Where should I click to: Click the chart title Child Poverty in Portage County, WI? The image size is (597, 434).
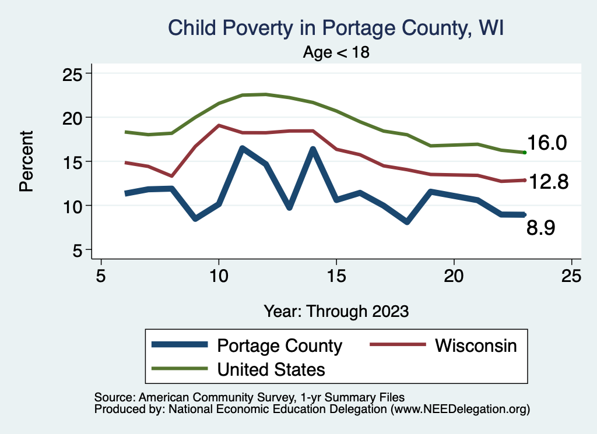[x=335, y=27]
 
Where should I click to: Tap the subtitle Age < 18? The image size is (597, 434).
[x=336, y=52]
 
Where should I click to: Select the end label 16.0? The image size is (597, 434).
[x=547, y=143]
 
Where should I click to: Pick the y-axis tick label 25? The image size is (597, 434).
[x=73, y=74]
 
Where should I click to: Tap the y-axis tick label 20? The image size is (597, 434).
[x=73, y=118]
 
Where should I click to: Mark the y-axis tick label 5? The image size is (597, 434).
[x=78, y=250]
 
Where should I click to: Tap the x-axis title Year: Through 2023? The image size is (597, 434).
[x=336, y=311]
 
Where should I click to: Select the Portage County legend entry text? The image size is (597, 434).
[x=279, y=345]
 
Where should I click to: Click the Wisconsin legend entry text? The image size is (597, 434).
[x=476, y=345]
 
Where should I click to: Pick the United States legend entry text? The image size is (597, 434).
[x=271, y=369]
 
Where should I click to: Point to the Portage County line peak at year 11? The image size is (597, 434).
[x=242, y=149]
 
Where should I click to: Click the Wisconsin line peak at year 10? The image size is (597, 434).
[x=219, y=125]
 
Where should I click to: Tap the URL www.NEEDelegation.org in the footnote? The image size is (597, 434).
[x=460, y=410]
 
